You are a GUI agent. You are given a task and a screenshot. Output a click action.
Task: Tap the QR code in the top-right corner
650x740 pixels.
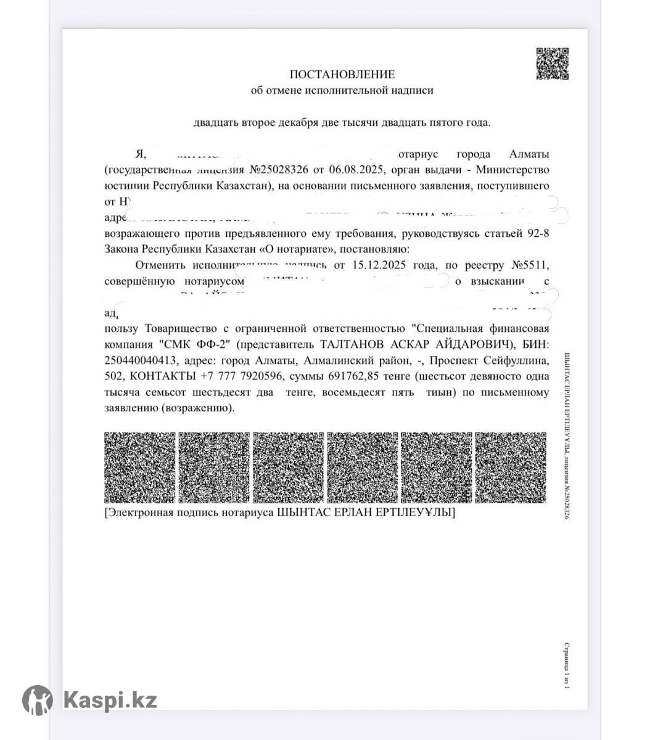pos(552,64)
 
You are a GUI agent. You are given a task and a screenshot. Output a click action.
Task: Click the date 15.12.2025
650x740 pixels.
pos(376,266)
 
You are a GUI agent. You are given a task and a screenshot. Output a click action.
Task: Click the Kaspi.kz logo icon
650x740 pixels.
pos(38,700)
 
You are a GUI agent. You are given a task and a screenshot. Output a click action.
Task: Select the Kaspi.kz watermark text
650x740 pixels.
pos(110,701)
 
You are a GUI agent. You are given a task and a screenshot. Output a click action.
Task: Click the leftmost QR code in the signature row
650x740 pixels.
pos(139,467)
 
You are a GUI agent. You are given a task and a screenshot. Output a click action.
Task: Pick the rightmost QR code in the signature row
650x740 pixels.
pos(511,467)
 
